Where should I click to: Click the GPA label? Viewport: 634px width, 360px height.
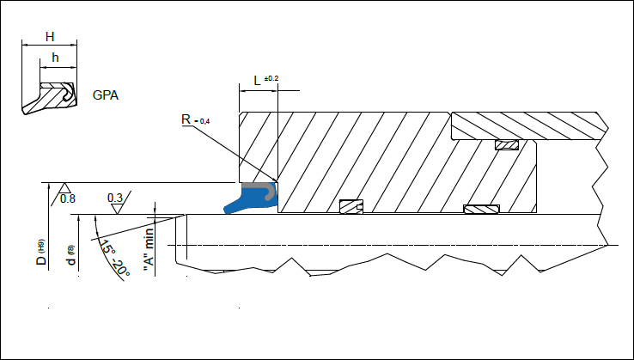point(106,94)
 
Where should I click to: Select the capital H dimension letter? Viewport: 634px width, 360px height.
point(49,37)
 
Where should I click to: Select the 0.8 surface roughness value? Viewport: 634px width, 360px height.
point(68,198)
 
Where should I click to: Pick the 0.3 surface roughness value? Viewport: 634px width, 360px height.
point(115,198)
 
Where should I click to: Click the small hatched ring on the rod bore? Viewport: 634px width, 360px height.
point(351,206)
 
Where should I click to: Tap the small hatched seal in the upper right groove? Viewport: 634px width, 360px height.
point(506,145)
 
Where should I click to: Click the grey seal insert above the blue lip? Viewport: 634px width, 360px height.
point(257,186)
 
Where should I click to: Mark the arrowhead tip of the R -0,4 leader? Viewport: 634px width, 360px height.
point(274,181)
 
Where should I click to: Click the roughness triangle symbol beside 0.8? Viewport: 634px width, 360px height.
point(54,194)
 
